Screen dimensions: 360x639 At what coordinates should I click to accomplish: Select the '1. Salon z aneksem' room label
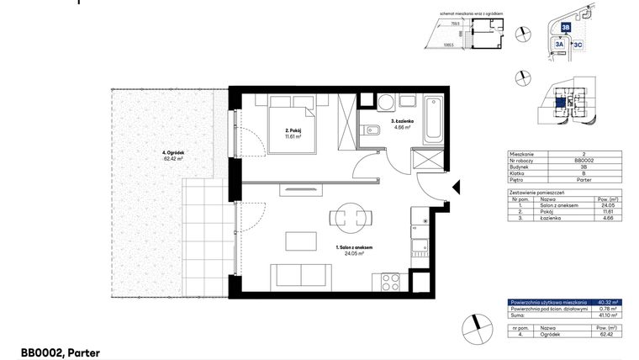click(x=354, y=250)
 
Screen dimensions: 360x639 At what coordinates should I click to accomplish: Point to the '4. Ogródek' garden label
click(x=173, y=155)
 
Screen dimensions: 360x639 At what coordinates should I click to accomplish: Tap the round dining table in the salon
click(x=349, y=219)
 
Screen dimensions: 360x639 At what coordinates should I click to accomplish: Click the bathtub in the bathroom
click(x=434, y=119)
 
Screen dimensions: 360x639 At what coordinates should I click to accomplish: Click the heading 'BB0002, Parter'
click(x=61, y=353)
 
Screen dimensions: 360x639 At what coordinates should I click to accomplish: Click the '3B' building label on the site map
click(x=566, y=27)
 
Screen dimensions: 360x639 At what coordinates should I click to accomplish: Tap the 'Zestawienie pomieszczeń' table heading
click(x=537, y=191)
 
